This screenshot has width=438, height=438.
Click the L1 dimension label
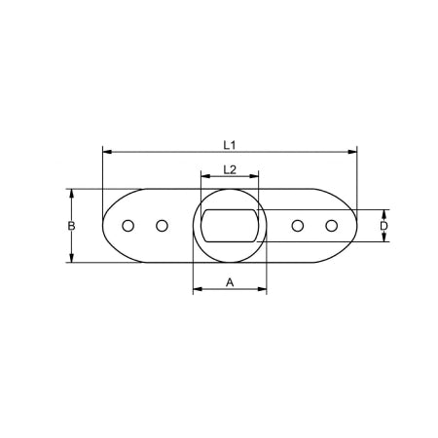(x=230, y=145)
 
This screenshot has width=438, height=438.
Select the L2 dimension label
(x=229, y=169)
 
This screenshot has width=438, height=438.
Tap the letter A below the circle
(x=230, y=281)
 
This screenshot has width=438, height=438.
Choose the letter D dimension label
(x=383, y=226)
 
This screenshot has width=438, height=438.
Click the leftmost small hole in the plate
(x=128, y=226)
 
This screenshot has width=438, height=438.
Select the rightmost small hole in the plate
(x=332, y=226)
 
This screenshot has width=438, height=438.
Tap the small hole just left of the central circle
(x=162, y=226)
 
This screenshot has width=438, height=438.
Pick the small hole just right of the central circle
(x=298, y=226)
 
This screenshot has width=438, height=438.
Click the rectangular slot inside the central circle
(x=230, y=226)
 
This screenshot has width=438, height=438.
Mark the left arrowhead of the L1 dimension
(x=106, y=153)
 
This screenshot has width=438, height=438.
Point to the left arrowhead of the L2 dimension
(x=203, y=177)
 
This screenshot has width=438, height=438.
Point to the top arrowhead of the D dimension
(x=383, y=213)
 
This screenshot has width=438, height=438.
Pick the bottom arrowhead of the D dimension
(x=383, y=238)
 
